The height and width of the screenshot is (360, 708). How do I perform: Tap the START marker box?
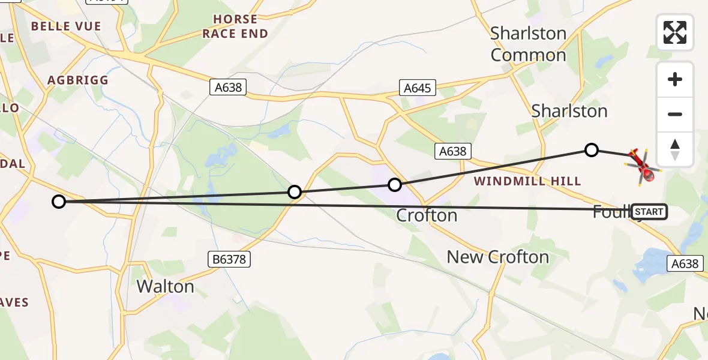[x=649, y=212]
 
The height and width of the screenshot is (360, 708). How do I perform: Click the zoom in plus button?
[x=675, y=79]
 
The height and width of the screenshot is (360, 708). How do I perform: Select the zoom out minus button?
[x=675, y=115]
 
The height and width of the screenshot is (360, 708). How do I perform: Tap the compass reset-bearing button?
[x=675, y=149]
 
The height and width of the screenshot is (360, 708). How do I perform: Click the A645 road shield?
[x=417, y=88]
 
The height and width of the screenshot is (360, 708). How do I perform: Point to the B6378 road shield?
[x=229, y=259]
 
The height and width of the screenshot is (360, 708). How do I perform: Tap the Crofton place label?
[x=427, y=215]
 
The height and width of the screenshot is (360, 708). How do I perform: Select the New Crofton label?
[x=497, y=257]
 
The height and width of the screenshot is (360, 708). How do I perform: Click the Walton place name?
[x=165, y=286]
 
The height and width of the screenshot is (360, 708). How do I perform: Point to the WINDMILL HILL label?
[x=527, y=181]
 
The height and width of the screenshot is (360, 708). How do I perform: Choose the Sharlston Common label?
[x=528, y=44]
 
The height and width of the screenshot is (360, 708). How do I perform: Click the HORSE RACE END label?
[x=235, y=26]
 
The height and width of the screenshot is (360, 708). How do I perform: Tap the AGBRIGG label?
[x=78, y=80]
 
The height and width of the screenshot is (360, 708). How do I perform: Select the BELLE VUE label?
[x=66, y=26]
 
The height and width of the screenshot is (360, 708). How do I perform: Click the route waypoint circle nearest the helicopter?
[x=592, y=150]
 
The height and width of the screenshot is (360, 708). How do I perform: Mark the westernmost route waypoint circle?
[x=58, y=202]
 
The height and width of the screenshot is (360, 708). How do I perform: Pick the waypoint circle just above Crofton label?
[x=394, y=185]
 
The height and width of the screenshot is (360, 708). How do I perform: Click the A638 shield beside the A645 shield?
[x=229, y=88]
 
